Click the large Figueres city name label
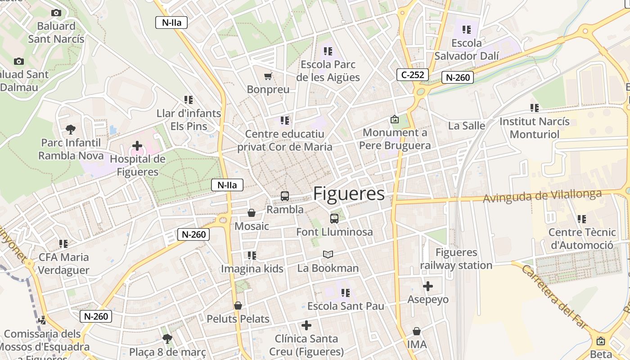[349, 193]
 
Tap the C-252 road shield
[412, 75]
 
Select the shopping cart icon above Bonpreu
[268, 76]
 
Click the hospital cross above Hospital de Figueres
[137, 146]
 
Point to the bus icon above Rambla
[285, 196]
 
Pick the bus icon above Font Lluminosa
[334, 219]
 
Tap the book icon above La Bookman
[328, 255]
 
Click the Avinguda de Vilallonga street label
[542, 196]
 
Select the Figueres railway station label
[456, 259]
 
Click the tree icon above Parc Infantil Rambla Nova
[70, 130]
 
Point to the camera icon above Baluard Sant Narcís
[56, 13]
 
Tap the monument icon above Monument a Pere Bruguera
[395, 119]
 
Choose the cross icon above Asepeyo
[428, 286]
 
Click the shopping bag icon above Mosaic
[252, 212]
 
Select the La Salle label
[467, 126]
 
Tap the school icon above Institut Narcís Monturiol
[534, 108]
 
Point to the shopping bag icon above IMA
[417, 332]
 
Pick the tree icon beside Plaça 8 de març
[167, 338]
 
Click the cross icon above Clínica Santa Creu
[306, 325]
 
